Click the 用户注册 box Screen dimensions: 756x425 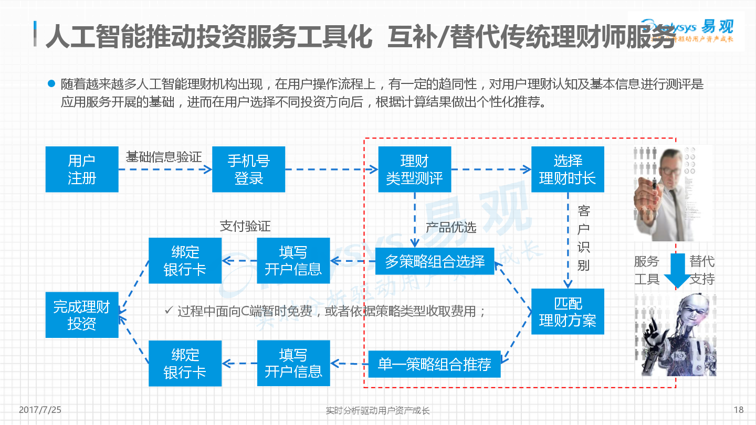click(x=82, y=169)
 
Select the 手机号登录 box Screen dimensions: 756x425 click(x=248, y=169)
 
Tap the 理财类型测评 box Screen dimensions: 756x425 click(x=414, y=169)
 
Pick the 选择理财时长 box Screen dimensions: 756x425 click(x=568, y=169)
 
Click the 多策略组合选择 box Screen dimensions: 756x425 click(x=435, y=261)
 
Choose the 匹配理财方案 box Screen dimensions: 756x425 click(x=568, y=311)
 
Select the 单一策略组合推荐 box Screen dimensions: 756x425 click(x=434, y=364)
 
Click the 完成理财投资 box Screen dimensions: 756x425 click(x=82, y=315)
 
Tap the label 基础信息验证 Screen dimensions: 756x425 click(x=164, y=157)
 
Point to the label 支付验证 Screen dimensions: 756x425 click(x=245, y=226)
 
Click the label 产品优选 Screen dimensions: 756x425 click(x=451, y=228)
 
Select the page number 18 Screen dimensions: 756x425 click(x=739, y=410)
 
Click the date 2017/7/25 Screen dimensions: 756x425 click(x=40, y=410)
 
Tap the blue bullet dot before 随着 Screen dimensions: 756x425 click(x=51, y=83)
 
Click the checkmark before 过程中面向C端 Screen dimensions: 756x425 click(x=169, y=310)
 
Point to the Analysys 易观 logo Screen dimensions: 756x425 click(x=687, y=31)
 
